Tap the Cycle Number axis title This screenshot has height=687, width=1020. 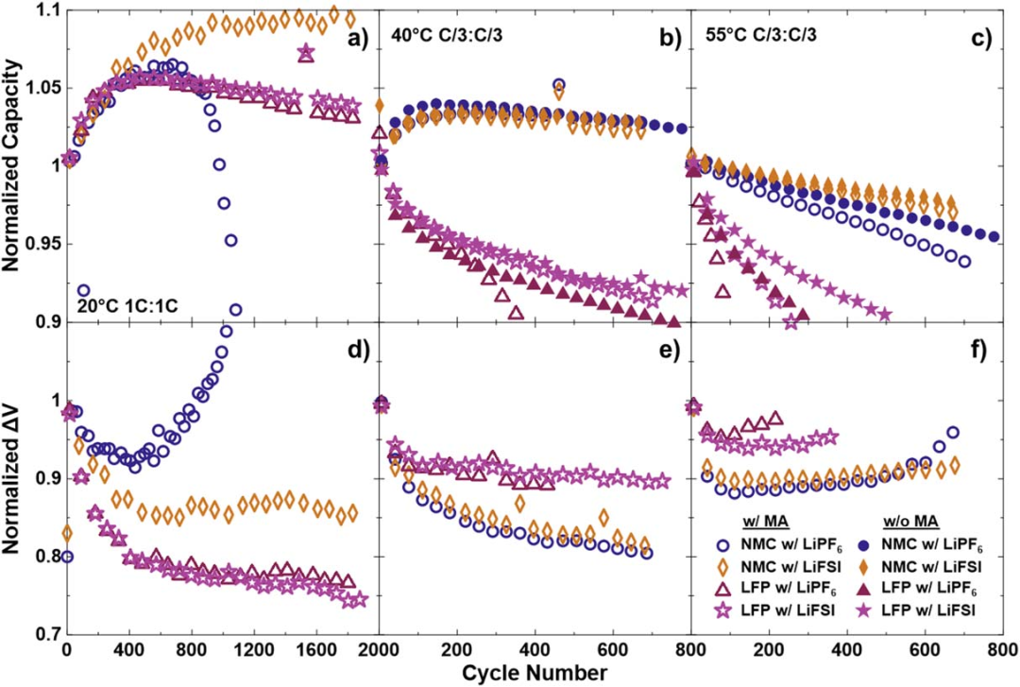(x=535, y=673)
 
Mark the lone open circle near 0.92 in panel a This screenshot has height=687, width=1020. (x=83, y=290)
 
